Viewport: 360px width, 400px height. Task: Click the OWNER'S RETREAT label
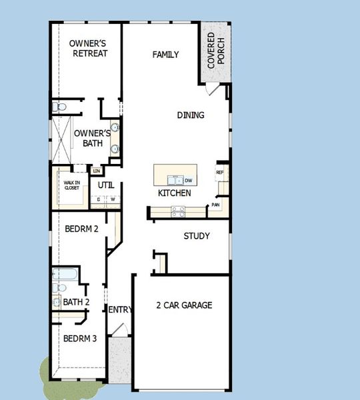point(88,49)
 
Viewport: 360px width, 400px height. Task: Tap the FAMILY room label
point(165,55)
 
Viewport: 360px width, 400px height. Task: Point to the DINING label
point(191,115)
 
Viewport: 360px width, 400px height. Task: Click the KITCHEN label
point(175,193)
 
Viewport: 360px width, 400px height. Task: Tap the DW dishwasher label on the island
point(189,181)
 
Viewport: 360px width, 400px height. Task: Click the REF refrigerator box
point(219,173)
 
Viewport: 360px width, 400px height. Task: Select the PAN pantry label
point(215,205)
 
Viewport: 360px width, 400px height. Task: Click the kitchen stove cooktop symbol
point(179,211)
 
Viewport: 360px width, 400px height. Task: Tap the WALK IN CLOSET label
point(71,185)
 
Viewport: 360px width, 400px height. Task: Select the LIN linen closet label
point(96,171)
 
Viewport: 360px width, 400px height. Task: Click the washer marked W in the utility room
point(113,199)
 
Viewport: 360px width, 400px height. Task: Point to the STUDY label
point(197,236)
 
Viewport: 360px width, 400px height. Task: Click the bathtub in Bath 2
point(67,275)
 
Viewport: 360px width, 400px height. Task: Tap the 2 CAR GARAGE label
point(184,305)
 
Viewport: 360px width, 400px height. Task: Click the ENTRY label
point(120,310)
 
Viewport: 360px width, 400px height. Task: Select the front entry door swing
point(119,329)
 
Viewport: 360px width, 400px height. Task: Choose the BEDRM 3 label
point(80,339)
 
